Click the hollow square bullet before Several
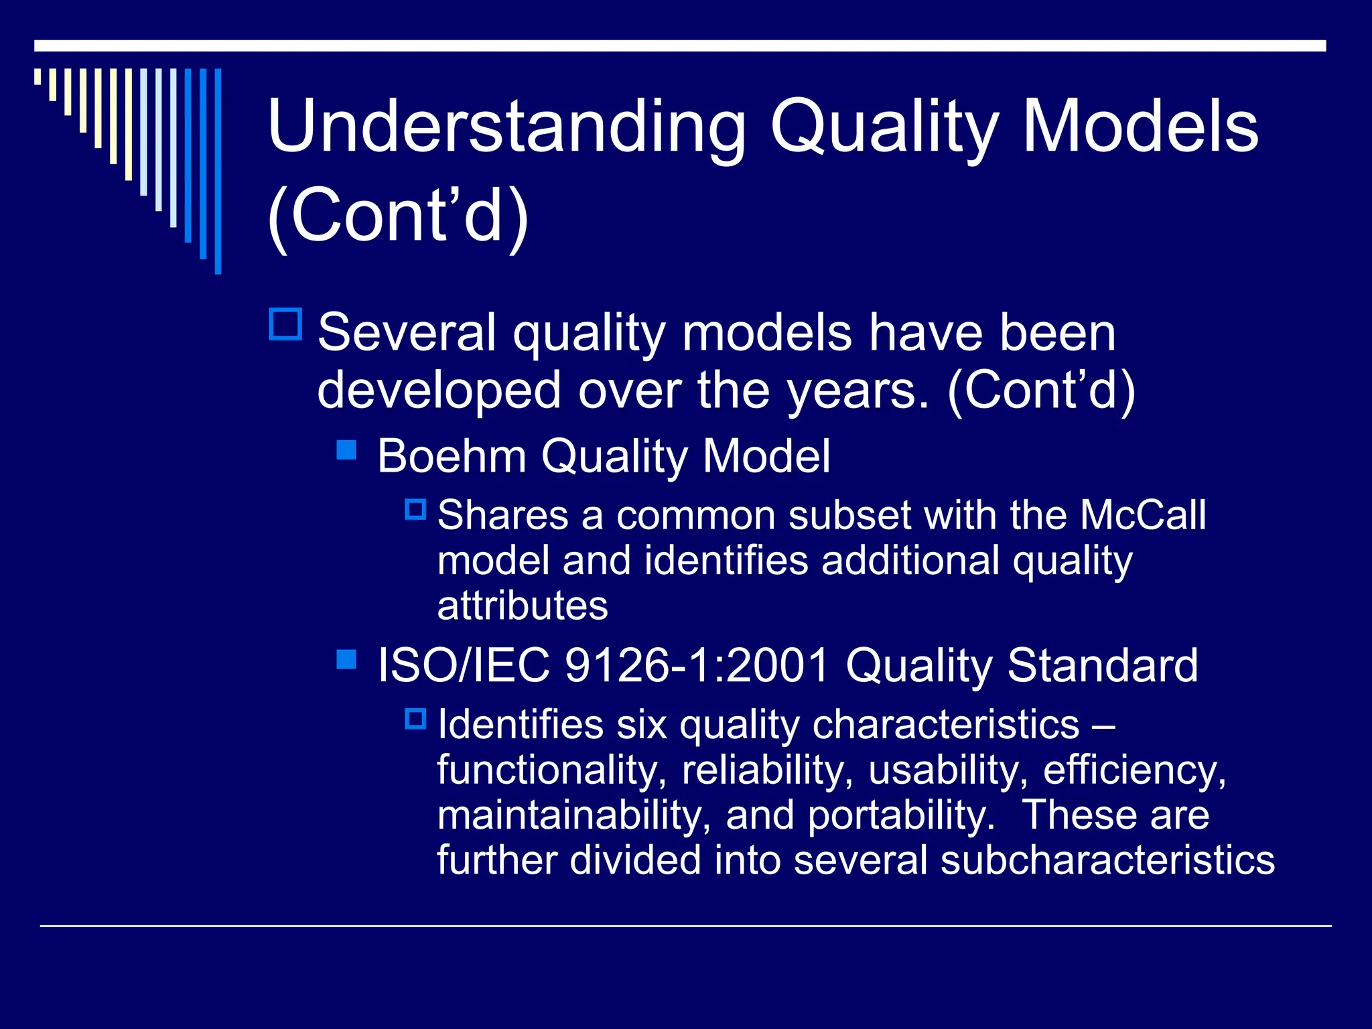point(286,324)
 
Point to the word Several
point(406,332)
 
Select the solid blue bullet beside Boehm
point(346,450)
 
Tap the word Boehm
point(451,457)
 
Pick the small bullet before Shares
point(415,510)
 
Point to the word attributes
point(523,606)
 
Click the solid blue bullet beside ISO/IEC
point(346,659)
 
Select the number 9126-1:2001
point(697,666)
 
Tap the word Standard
point(1102,666)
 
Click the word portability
point(900,815)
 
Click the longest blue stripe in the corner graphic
point(218,171)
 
